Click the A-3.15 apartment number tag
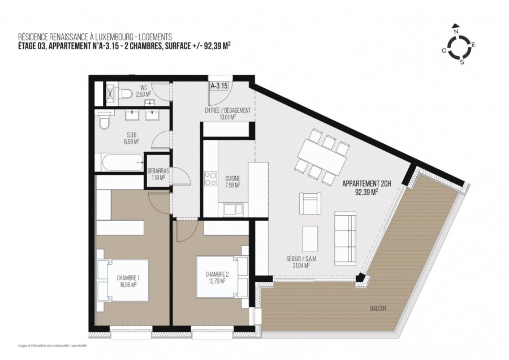(219, 87)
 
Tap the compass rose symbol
(463, 44)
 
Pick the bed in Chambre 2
(221, 276)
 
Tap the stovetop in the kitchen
(210, 178)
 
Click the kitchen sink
(232, 209)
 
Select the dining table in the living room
(323, 157)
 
